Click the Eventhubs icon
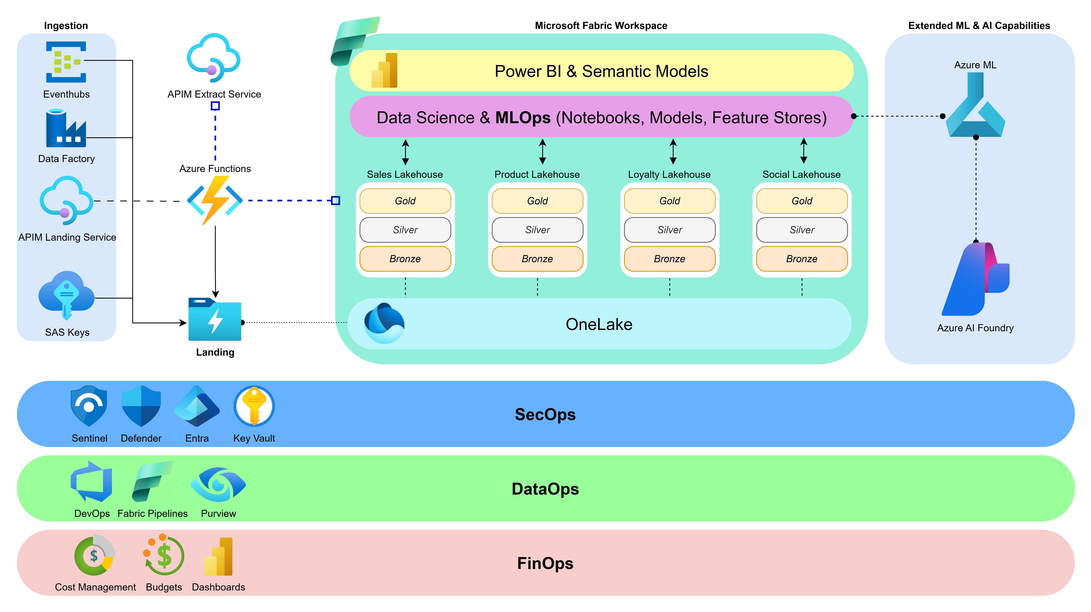coord(66,62)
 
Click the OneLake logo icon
coord(384,323)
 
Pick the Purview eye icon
coord(218,484)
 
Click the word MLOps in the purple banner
coord(523,117)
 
